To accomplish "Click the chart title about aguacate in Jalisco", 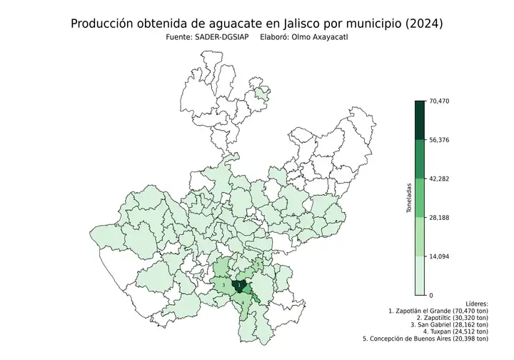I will pyautogui.click(x=257, y=24).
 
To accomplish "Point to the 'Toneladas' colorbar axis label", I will pyautogui.click(x=409, y=199).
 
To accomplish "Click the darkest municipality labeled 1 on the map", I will pyautogui.click(x=240, y=286).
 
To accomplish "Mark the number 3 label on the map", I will pyautogui.click(x=223, y=285).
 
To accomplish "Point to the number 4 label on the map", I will pyautogui.click(x=243, y=303).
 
